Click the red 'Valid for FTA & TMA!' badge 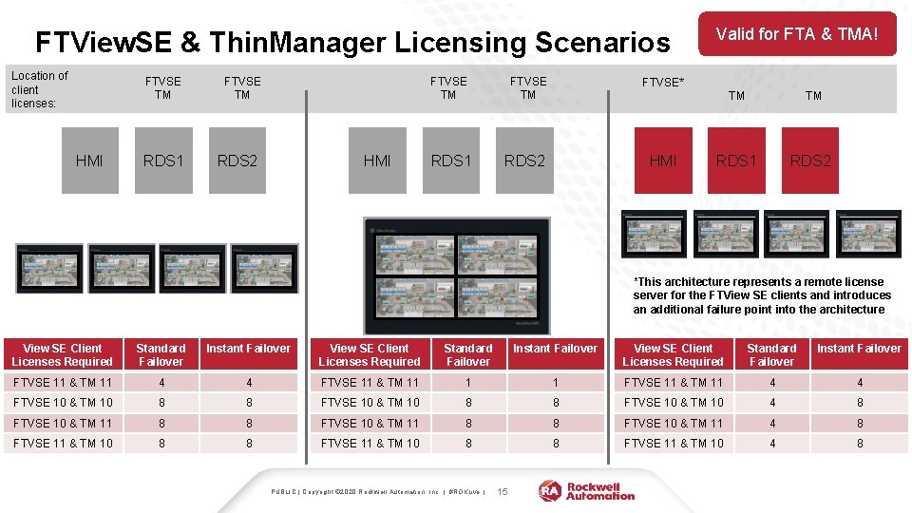[x=797, y=34]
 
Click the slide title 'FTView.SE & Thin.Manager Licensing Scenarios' [x=351, y=43]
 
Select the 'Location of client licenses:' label [x=39, y=89]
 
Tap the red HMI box [x=663, y=161]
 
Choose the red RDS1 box [x=737, y=161]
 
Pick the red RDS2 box [x=810, y=161]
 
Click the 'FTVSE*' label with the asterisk [x=663, y=83]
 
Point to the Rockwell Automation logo [x=587, y=490]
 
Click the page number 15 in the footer [x=503, y=491]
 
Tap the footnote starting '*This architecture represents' [x=759, y=295]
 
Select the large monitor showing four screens [x=457, y=275]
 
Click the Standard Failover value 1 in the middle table [x=467, y=383]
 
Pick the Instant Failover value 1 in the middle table [x=556, y=383]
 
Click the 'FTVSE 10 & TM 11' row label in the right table [x=673, y=423]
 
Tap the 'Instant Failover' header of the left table [x=248, y=349]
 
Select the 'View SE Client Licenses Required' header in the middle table [x=370, y=354]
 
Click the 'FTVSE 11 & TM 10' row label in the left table [x=63, y=443]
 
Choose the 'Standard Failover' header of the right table [x=771, y=354]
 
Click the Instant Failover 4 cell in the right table [x=860, y=383]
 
